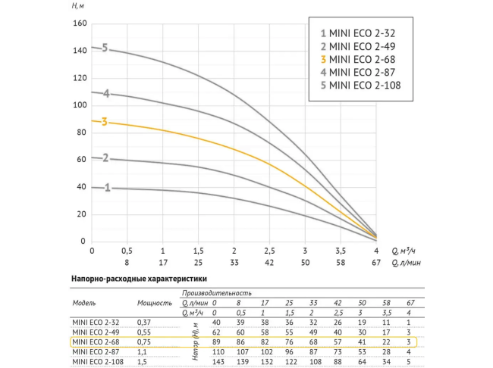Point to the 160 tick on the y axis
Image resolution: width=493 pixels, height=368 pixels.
pos(79,23)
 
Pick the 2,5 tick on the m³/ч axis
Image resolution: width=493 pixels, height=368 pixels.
pos(269,251)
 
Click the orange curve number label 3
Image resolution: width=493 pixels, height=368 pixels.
pos(105,121)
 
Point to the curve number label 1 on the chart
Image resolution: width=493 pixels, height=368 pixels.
pos(107,187)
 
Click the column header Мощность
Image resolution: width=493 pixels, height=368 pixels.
pos(154,301)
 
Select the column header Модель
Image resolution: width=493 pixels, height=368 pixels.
pos(83,301)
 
